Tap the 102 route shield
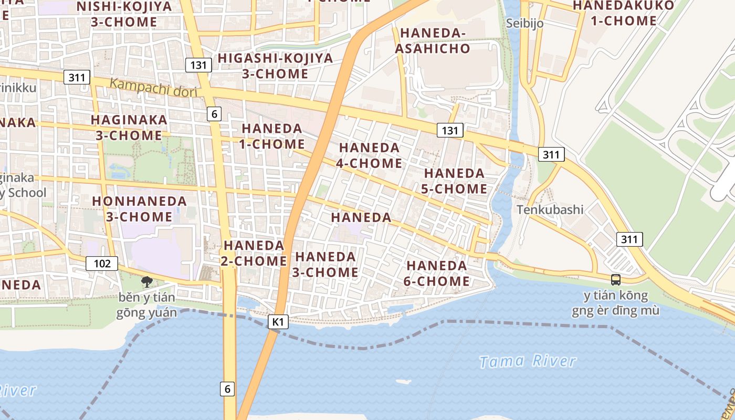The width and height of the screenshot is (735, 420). tap(102, 263)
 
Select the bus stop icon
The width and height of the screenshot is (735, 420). tap(616, 280)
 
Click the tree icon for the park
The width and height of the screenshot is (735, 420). tap(146, 282)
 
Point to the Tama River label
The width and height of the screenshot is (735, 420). tap(528, 361)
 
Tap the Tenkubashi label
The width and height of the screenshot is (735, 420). tap(550, 209)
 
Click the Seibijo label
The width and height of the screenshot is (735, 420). tap(524, 23)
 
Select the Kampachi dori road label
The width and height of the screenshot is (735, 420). tap(153, 87)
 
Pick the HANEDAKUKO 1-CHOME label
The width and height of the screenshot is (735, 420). tap(623, 13)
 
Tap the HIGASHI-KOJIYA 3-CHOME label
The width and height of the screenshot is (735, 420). tap(276, 66)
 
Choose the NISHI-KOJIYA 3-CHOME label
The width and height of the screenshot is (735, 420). tap(124, 14)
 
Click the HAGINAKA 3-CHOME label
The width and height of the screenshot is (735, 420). tap(129, 128)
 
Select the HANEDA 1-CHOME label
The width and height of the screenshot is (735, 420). tap(272, 136)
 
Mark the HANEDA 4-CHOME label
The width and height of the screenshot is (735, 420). tap(369, 155)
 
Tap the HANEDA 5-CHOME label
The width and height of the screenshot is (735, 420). tap(454, 181)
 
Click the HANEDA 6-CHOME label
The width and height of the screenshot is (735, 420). tap(437, 273)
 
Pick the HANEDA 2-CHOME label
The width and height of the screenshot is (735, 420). tap(254, 253)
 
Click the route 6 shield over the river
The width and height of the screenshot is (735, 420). tap(227, 389)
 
